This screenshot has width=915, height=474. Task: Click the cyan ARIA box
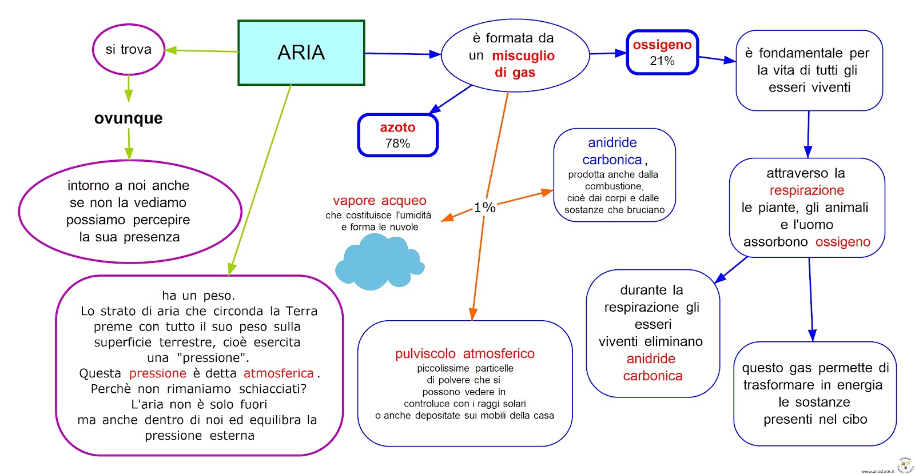click(x=301, y=53)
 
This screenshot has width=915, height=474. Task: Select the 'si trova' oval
click(x=129, y=50)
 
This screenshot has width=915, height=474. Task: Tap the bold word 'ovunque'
click(x=129, y=118)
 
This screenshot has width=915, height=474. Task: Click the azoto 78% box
click(x=397, y=136)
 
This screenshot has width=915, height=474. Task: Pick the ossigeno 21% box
click(x=662, y=53)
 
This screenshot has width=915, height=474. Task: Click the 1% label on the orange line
click(x=484, y=208)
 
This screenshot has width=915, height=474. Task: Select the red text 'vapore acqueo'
click(x=380, y=201)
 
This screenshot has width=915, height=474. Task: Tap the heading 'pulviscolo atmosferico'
click(x=464, y=354)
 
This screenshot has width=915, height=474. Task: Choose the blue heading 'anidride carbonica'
click(x=612, y=151)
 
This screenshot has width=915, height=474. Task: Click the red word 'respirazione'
click(x=806, y=190)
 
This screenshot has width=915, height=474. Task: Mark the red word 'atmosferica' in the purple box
click(x=279, y=373)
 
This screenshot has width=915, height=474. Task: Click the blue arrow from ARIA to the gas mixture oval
click(x=403, y=54)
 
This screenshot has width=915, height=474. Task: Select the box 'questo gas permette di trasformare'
click(x=815, y=393)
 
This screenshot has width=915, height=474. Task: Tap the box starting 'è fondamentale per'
click(x=809, y=70)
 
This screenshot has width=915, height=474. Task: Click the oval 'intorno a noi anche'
click(x=130, y=212)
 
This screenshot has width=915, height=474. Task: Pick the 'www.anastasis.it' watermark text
click(x=877, y=471)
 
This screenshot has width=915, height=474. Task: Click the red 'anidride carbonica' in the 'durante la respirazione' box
click(x=652, y=367)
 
